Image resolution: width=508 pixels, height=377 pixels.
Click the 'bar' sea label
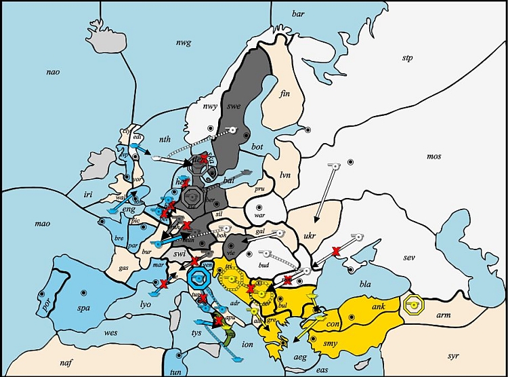point(298,14)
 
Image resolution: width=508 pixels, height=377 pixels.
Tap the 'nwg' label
point(184,43)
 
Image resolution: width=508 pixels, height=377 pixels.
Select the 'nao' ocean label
point(54,72)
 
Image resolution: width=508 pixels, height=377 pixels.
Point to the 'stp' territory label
point(407,58)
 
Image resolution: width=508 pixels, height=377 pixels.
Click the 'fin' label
point(284,94)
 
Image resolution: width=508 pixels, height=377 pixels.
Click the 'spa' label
point(66,308)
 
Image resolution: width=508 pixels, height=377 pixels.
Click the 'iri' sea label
point(87,194)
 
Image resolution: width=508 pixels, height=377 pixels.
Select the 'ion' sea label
point(247,344)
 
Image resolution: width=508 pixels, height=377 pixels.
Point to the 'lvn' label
point(284,175)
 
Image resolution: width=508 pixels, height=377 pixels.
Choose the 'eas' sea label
point(322,370)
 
